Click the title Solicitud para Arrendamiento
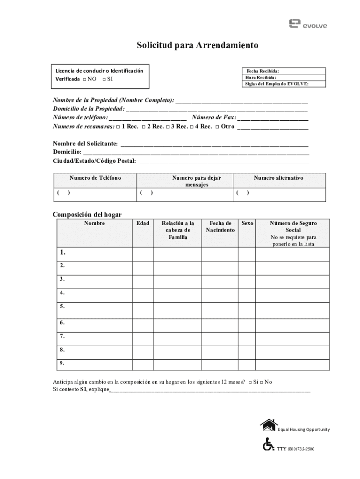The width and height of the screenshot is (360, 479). click(x=197, y=46)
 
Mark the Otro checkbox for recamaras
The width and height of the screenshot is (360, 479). click(x=217, y=127)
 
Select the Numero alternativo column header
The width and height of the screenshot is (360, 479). click(x=278, y=178)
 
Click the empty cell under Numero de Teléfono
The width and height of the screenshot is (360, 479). click(x=95, y=193)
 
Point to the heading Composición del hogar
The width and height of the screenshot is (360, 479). click(x=87, y=215)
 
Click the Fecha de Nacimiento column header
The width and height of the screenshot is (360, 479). click(x=220, y=227)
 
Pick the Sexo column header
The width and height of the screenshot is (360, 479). click(x=247, y=224)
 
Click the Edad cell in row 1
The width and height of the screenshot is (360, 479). click(x=143, y=254)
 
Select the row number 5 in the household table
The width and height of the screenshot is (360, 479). click(x=62, y=307)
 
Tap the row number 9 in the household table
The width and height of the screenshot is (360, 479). click(x=62, y=363)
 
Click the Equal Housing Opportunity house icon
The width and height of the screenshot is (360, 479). click(x=268, y=425)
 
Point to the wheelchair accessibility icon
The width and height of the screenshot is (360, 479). click(x=268, y=444)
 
